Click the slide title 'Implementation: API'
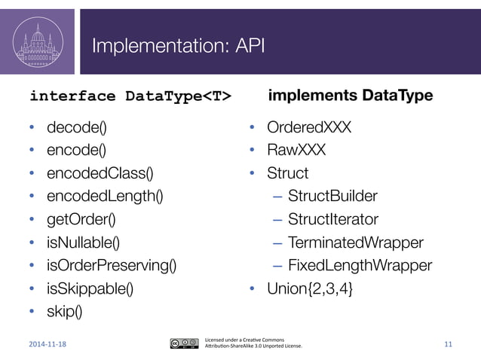pos(177,47)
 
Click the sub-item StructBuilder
pos(332,197)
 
